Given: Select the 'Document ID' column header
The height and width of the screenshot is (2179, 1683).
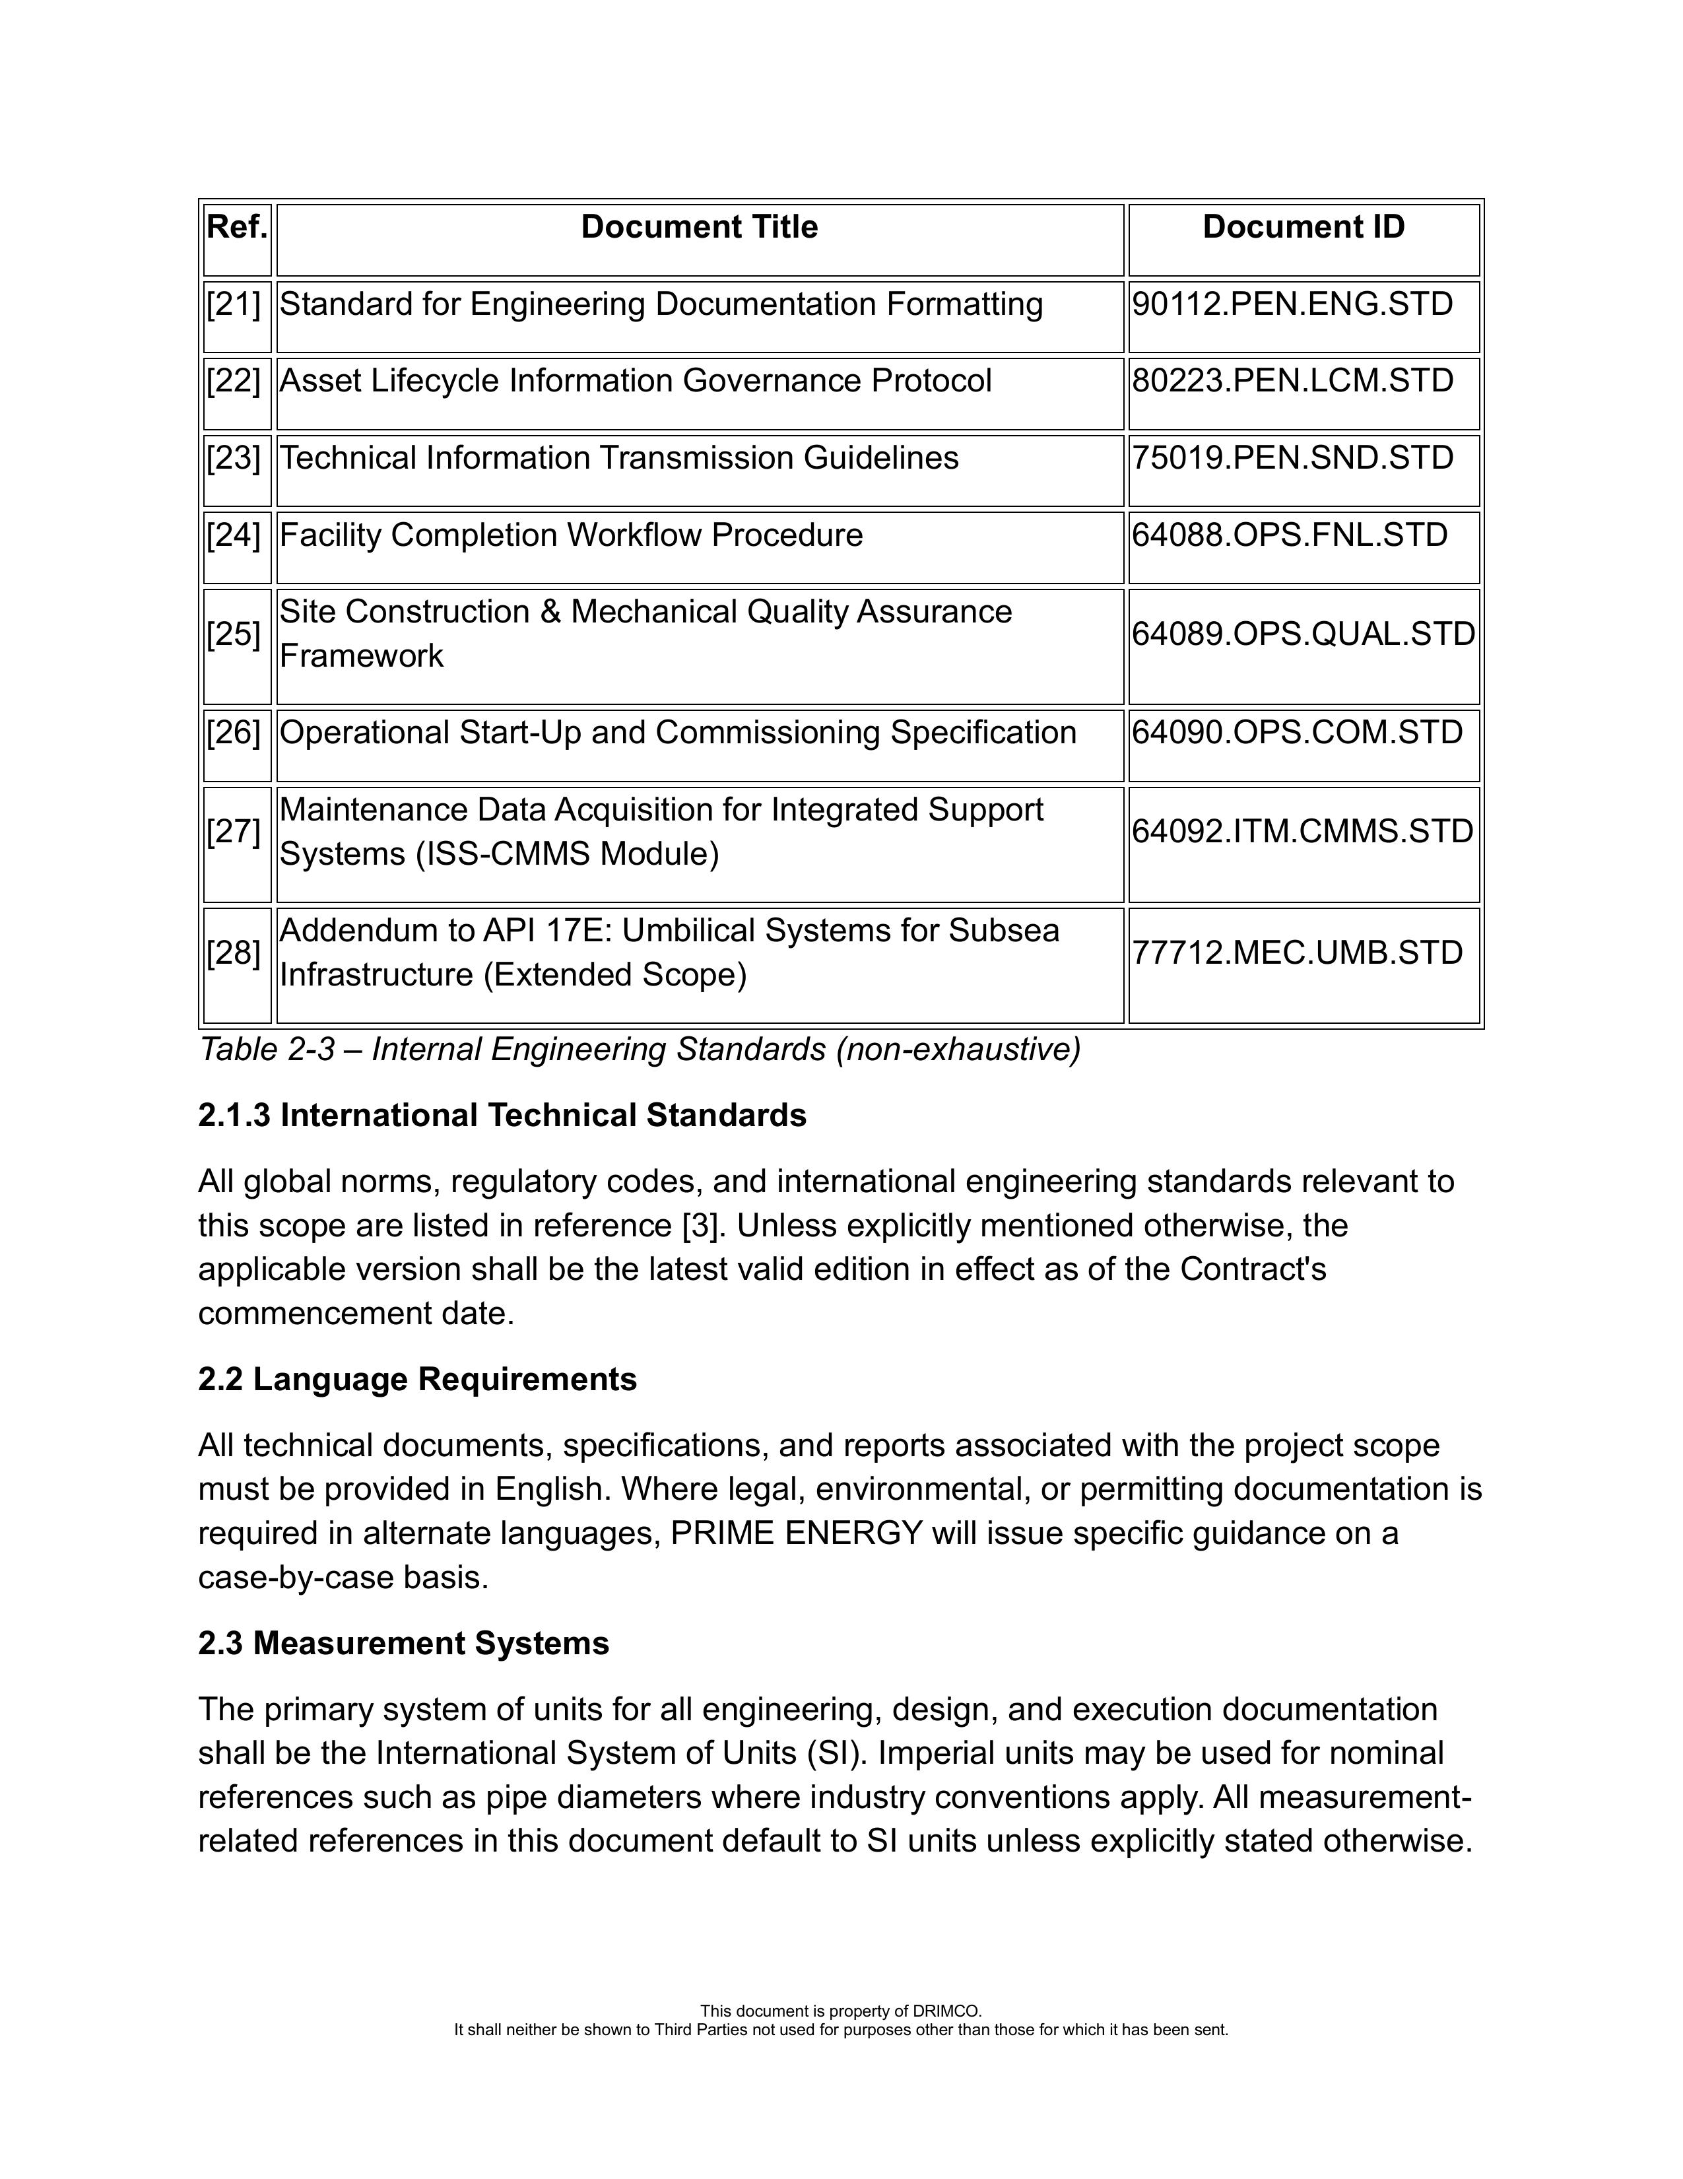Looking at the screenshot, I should tap(1303, 228).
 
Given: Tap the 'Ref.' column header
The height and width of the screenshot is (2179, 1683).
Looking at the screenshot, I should tap(236, 228).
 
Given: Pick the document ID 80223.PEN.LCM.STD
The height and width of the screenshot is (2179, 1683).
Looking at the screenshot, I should tap(1292, 381).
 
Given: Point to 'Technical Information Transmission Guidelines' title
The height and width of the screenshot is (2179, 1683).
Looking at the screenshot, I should tap(618, 458).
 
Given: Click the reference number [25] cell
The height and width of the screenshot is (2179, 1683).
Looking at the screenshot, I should tap(234, 634).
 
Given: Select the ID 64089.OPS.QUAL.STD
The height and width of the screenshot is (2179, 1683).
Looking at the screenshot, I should tap(1303, 634).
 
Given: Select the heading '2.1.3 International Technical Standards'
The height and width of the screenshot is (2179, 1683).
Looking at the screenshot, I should tap(502, 1116).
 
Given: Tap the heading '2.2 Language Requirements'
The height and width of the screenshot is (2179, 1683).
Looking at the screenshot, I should tap(417, 1380).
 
